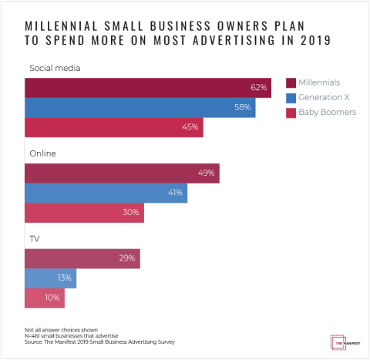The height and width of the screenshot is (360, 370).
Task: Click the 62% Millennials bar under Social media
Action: click(x=146, y=87)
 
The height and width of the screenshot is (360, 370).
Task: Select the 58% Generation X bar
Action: click(x=139, y=107)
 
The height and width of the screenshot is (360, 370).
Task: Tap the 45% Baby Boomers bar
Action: click(x=113, y=127)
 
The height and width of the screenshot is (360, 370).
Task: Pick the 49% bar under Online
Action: click(x=122, y=173)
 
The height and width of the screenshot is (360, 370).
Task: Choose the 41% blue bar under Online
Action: click(x=106, y=193)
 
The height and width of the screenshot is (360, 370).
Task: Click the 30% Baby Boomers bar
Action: click(x=84, y=213)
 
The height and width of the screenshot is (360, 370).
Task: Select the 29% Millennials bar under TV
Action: click(x=82, y=258)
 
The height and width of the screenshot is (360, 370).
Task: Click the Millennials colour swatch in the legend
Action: click(x=291, y=82)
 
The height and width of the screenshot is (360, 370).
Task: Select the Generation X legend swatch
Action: click(x=291, y=98)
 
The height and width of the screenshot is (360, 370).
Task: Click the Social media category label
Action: click(x=55, y=69)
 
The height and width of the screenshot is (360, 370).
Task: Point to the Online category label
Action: click(x=42, y=154)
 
